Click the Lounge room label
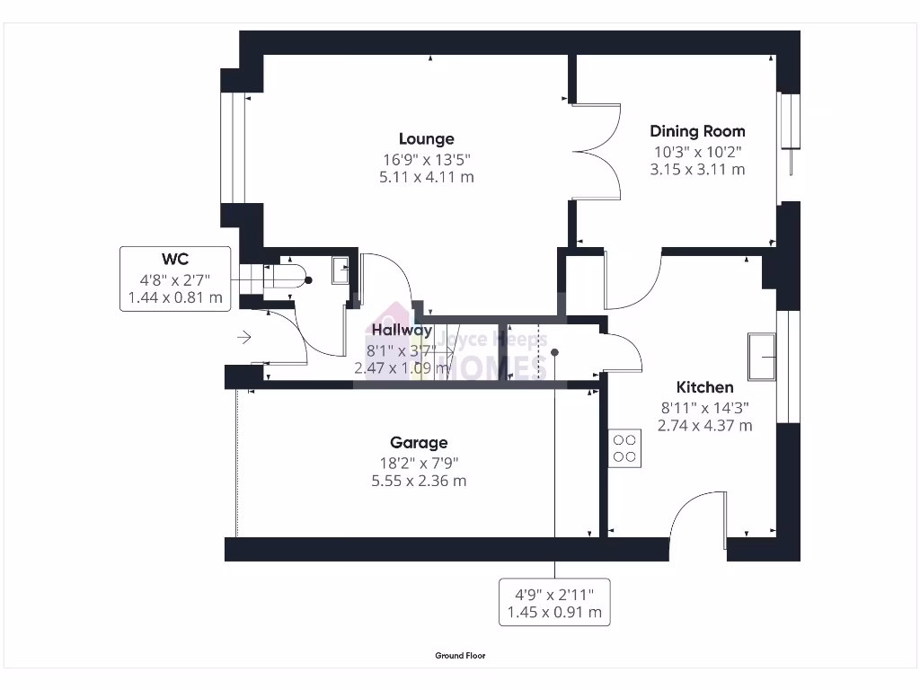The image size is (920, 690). [426, 138]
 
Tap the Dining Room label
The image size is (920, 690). [697, 131]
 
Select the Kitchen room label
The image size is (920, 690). [704, 387]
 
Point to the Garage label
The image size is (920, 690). [419, 442]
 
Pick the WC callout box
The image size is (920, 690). [174, 279]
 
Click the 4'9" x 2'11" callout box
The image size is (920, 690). [554, 602]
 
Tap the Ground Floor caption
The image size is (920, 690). [460, 656]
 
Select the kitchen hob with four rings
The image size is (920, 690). [625, 448]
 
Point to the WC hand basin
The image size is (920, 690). [340, 270]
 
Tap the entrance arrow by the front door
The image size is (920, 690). [243, 338]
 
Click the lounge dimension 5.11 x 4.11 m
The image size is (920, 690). [426, 177]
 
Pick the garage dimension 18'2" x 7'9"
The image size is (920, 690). [419, 463]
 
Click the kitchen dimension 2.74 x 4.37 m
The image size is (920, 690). [704, 425]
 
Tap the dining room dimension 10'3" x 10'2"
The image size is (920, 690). [697, 153]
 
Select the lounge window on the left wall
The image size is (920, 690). [233, 147]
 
